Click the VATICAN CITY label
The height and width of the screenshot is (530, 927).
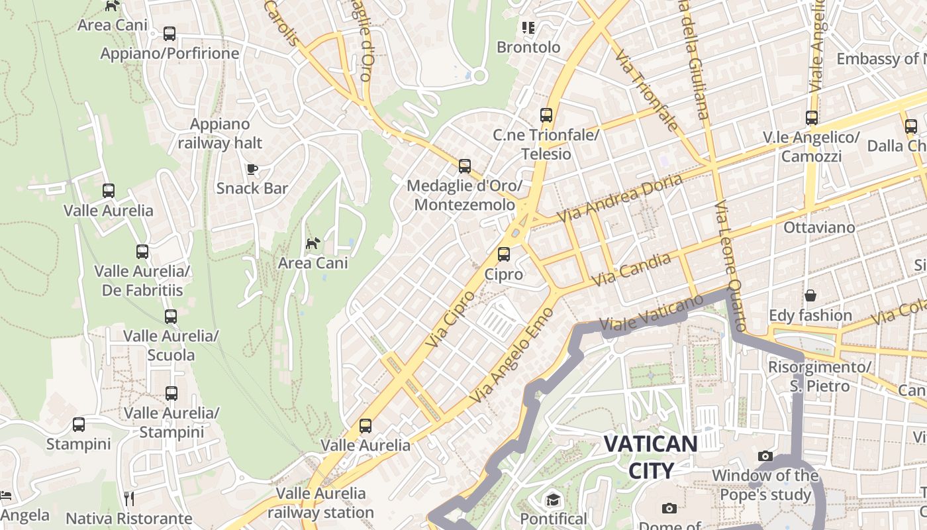[x=651, y=457]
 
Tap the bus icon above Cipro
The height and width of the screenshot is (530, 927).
[x=504, y=254]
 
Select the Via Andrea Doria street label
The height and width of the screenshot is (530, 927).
[x=620, y=197]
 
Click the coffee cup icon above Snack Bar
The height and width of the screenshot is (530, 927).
[x=252, y=169]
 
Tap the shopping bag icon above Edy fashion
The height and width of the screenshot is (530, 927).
[x=810, y=295]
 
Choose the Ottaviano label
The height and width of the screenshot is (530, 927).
[x=819, y=227]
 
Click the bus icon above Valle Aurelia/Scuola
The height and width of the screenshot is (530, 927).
[x=171, y=317]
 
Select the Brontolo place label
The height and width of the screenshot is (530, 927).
[x=528, y=47]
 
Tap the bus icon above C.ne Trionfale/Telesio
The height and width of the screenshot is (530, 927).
[x=546, y=115]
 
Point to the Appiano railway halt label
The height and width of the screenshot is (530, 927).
[x=220, y=133]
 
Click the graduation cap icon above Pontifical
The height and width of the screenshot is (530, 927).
[x=553, y=499]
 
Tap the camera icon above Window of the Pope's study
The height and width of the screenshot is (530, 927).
[x=765, y=456]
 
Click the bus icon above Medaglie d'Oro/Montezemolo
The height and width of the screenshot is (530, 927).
[x=465, y=166]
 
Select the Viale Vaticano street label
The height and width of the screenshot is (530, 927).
[x=651, y=313]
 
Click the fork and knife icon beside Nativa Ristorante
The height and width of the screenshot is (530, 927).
[x=129, y=498]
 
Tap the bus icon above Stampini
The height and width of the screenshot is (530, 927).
[x=79, y=425]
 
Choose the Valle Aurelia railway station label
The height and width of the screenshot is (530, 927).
[x=320, y=503]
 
